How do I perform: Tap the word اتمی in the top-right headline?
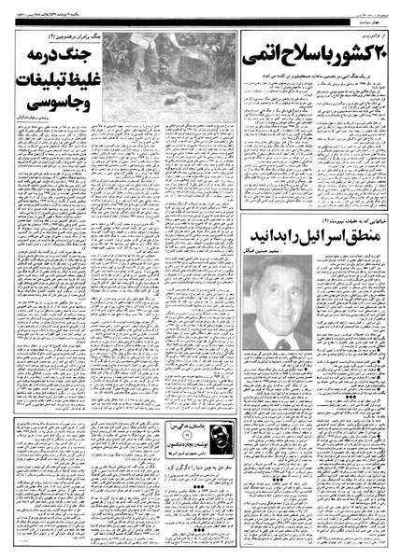click(263, 55)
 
